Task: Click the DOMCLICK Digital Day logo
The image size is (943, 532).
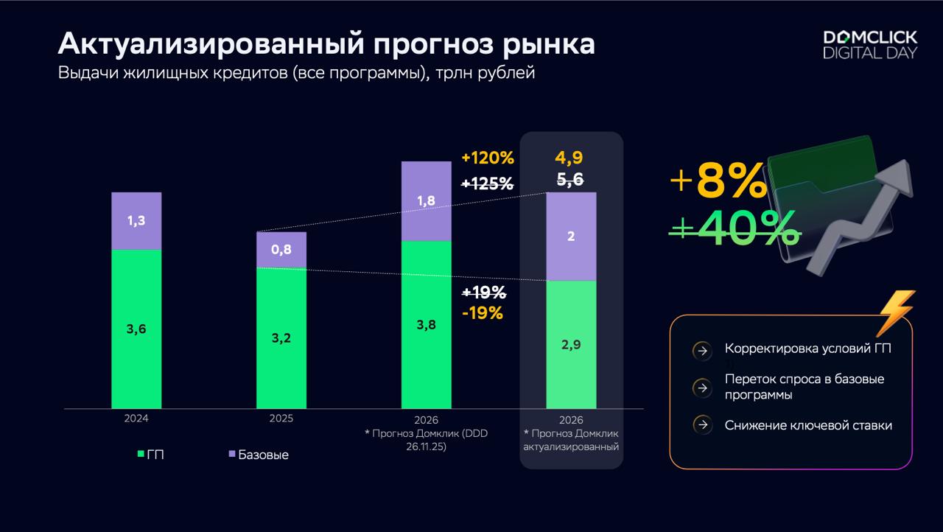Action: (869, 44)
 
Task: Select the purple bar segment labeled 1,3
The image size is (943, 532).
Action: (136, 220)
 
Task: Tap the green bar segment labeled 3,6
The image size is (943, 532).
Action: (136, 329)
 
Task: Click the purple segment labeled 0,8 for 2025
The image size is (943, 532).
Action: (281, 250)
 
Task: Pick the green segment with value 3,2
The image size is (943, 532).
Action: (281, 338)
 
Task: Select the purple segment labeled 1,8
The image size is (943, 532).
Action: (426, 200)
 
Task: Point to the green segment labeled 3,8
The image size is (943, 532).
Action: (426, 324)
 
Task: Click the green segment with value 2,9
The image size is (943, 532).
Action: (570, 344)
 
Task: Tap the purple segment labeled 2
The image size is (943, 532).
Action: (570, 237)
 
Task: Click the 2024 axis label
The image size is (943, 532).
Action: (136, 418)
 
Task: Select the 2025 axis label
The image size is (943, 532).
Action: (281, 418)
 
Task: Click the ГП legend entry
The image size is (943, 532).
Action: (150, 455)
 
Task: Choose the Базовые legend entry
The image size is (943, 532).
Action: (257, 455)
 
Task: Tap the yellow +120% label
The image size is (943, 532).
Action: (487, 158)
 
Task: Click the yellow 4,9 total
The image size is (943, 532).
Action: (570, 158)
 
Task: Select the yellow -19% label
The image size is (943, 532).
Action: (483, 312)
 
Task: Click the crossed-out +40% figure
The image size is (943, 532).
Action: (735, 229)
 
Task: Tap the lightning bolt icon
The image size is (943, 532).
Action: (896, 312)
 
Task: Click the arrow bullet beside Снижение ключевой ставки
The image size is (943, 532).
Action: (702, 425)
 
